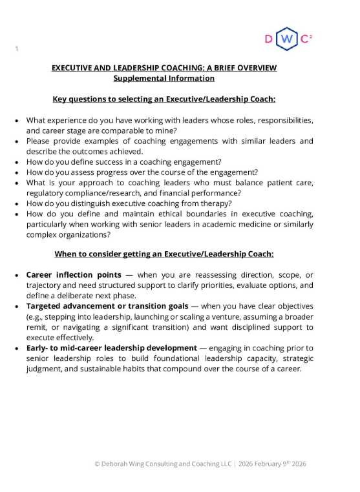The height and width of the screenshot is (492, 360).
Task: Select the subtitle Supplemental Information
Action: [164, 78]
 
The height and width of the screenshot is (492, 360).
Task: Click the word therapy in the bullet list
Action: [213, 203]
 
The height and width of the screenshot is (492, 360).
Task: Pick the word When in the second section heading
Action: [67, 254]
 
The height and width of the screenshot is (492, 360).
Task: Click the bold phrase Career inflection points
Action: [74, 275]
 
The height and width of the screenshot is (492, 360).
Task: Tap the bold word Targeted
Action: [47, 306]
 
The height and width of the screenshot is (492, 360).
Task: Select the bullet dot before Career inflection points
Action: [16, 275]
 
